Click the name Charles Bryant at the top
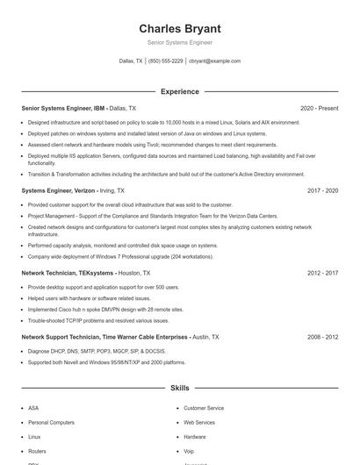[179, 28]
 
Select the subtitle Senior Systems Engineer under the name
[179, 42]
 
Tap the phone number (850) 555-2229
[166, 61]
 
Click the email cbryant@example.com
[215, 61]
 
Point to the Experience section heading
[179, 91]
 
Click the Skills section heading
[179, 387]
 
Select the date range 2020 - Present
[319, 108]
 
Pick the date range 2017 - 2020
[322, 190]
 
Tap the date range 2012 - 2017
[322, 273]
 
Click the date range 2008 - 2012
[322, 336]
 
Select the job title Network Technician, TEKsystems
[67, 273]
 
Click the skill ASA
[33, 408]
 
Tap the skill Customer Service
[204, 408]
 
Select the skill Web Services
[199, 422]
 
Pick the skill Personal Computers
[51, 422]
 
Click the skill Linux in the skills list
[35, 436]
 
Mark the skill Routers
[38, 450]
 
